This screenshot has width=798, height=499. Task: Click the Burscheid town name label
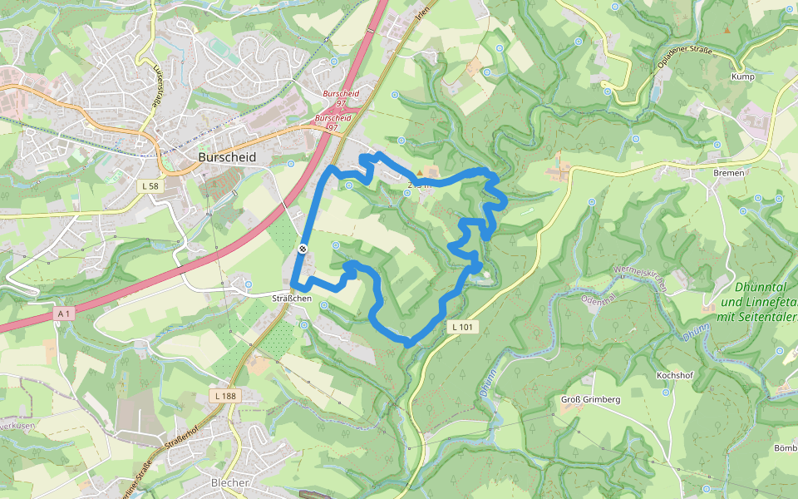click(x=227, y=156)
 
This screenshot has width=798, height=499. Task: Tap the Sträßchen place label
click(x=292, y=298)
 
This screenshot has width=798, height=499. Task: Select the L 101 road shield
click(x=464, y=327)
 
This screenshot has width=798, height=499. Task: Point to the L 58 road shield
click(x=150, y=186)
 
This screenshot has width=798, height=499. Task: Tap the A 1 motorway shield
click(x=65, y=314)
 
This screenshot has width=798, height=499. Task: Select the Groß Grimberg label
click(x=590, y=400)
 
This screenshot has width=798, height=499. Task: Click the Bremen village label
click(x=728, y=172)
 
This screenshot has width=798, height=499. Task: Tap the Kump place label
click(x=742, y=77)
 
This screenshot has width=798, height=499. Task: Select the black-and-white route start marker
click(x=303, y=249)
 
